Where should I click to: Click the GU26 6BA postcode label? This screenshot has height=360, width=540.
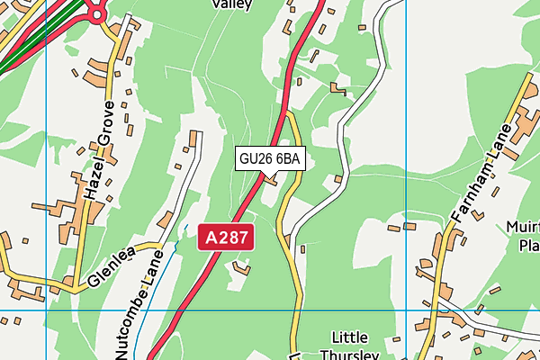click(271, 159)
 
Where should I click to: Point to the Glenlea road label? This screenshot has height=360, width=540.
click(113, 268)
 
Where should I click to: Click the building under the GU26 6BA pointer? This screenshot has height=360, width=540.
click(270, 180)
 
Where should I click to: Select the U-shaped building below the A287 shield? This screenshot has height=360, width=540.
click(240, 266)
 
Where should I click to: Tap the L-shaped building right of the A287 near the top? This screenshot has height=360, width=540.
click(337, 88)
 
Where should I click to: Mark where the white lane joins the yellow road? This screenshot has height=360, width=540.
click(285, 236)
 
